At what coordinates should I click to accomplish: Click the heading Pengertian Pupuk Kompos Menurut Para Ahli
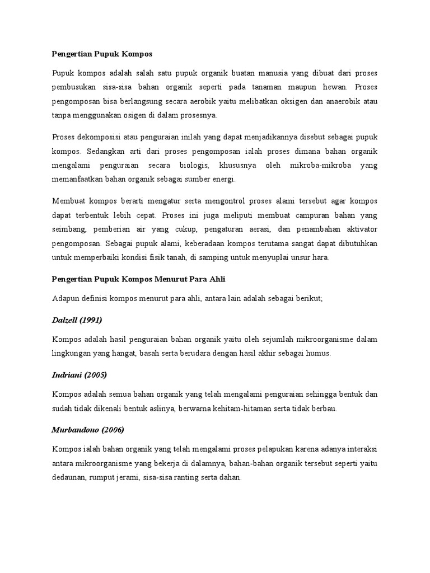138,279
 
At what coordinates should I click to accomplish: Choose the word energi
222,179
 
